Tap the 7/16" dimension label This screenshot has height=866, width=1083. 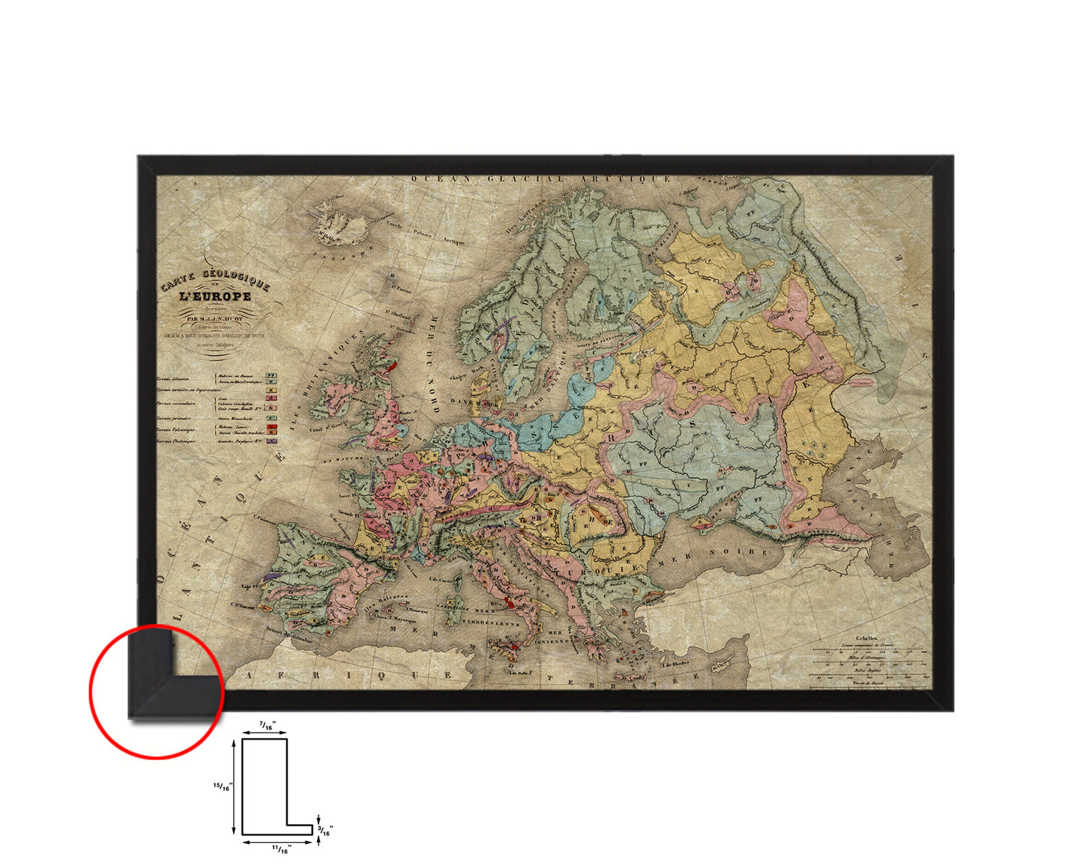coord(267,724)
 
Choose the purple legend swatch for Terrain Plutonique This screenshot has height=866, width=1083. coord(272,441)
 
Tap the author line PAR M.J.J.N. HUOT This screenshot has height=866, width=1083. coord(214,318)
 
